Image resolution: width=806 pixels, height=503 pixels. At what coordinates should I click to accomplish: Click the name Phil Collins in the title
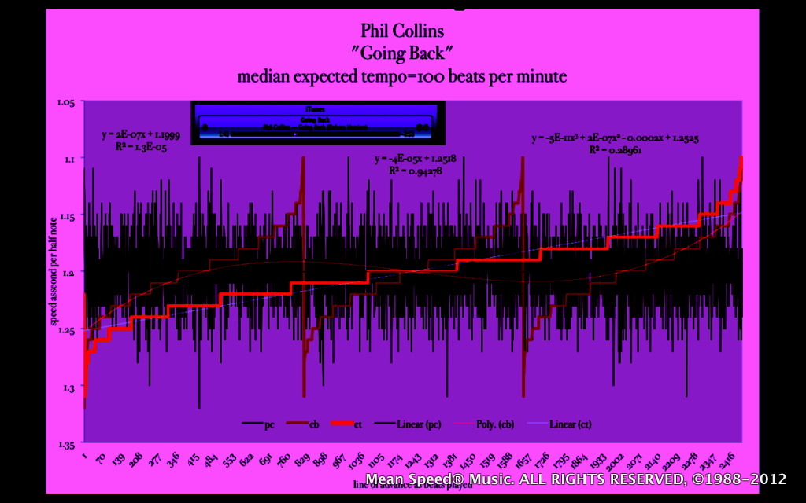[x=402, y=31]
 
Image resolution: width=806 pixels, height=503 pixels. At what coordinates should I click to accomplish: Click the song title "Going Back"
[x=402, y=54]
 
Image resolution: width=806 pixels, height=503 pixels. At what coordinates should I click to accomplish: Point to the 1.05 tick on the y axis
[x=65, y=102]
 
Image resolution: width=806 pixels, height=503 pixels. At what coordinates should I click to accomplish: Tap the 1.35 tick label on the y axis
[x=65, y=444]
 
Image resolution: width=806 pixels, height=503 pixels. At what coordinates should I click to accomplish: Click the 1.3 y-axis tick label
[x=68, y=387]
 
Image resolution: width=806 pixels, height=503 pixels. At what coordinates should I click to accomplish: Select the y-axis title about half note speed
[x=54, y=273]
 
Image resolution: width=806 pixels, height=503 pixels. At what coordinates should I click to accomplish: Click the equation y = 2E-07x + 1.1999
[x=141, y=135]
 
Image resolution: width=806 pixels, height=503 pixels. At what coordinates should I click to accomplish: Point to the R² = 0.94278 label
[x=416, y=170]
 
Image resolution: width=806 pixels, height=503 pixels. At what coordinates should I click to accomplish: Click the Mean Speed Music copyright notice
[x=576, y=479]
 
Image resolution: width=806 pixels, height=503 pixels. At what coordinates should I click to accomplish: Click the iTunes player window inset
[x=317, y=123]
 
